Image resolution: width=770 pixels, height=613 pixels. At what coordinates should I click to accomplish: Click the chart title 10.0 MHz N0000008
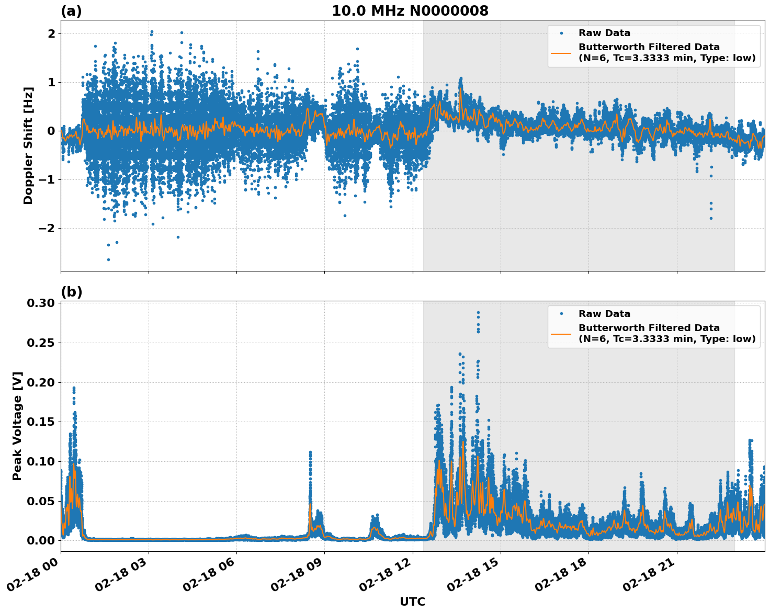410,11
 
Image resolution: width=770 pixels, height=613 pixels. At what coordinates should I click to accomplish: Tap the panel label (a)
71,11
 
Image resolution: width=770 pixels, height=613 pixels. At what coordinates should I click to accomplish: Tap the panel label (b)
71,292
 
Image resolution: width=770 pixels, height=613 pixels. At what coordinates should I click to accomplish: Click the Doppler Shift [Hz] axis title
28,145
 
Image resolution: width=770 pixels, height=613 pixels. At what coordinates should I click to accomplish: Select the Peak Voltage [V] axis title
17,426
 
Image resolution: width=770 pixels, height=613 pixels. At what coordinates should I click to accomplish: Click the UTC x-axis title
412,601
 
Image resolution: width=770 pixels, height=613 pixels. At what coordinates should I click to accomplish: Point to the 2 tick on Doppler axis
51,33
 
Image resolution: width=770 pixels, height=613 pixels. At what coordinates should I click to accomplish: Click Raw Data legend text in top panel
604,33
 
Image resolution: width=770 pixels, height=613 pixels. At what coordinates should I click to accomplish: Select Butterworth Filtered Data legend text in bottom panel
649,328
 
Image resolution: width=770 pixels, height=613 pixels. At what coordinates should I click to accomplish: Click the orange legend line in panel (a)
561,52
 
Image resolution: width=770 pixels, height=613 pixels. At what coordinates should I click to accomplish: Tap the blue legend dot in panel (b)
561,314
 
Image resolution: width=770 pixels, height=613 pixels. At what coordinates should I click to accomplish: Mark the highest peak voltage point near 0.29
478,313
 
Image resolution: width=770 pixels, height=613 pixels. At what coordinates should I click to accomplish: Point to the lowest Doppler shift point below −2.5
108,259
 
